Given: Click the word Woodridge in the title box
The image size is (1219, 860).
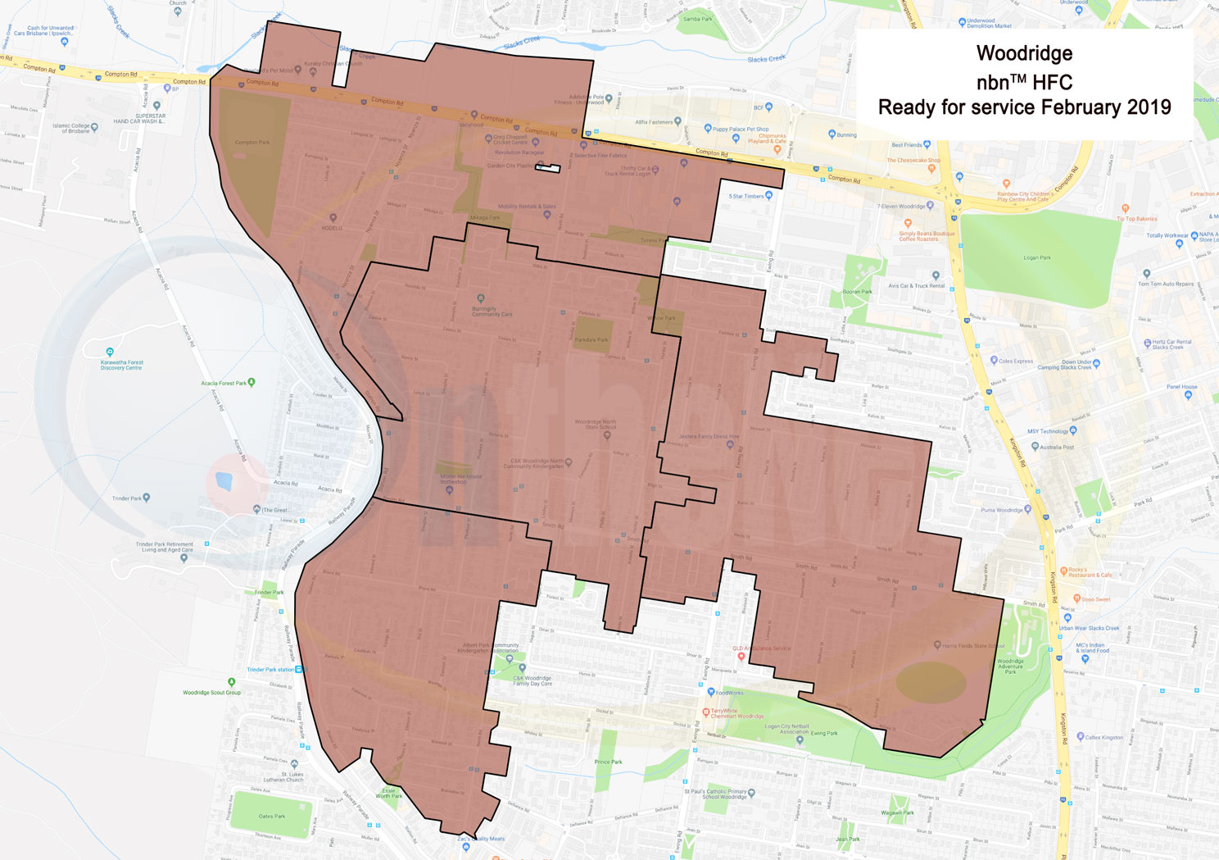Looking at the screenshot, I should (x=1024, y=54).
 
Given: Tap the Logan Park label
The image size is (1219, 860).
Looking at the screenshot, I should (x=1036, y=257).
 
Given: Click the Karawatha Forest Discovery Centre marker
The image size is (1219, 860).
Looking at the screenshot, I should (x=110, y=352).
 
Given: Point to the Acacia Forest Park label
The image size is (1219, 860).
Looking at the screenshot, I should (x=224, y=383).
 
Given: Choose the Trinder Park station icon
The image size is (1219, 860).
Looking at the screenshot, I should (x=299, y=670).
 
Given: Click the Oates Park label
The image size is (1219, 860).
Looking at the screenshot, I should (x=271, y=816).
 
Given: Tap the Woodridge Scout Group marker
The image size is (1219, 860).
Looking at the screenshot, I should (x=232, y=682).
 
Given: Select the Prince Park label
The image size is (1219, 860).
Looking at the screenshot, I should (x=608, y=762).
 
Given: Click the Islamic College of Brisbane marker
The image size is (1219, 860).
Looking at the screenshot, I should (x=95, y=127).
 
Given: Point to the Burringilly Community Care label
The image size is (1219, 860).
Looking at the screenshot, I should (x=492, y=312).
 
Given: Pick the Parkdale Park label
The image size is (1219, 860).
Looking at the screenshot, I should (x=591, y=339).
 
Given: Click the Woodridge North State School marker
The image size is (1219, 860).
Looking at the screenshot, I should (x=607, y=435).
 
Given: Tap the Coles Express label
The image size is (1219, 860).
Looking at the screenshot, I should (x=1016, y=361).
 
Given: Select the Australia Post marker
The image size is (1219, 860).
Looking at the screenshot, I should (x=1035, y=447).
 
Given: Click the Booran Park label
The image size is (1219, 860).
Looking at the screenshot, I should (x=857, y=291).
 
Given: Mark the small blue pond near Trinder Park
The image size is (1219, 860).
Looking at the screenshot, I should (x=224, y=480).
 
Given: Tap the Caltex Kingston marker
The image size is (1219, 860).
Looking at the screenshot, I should (x=1081, y=737).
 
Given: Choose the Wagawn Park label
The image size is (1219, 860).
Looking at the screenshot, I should (x=897, y=812).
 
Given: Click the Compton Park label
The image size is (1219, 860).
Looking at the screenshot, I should (x=252, y=142).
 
